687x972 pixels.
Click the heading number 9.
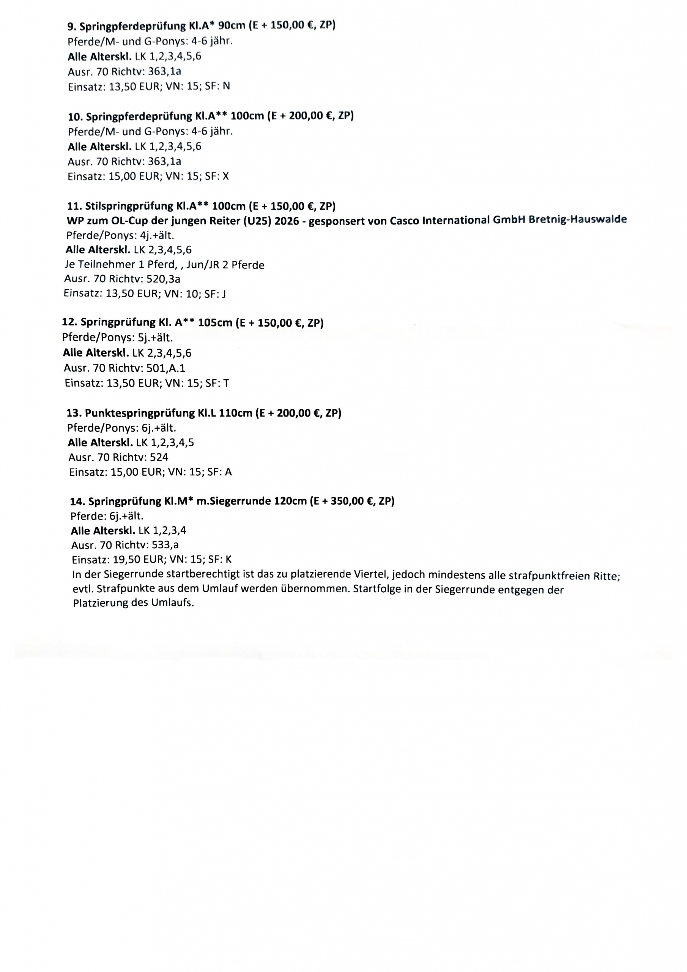[x=71, y=27]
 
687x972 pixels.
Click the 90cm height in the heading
[x=232, y=25]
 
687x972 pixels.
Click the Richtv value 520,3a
[x=163, y=279]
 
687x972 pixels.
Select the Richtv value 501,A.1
[x=165, y=368]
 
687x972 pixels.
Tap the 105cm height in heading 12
[x=215, y=323]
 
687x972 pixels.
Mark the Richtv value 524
[x=159, y=457]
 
